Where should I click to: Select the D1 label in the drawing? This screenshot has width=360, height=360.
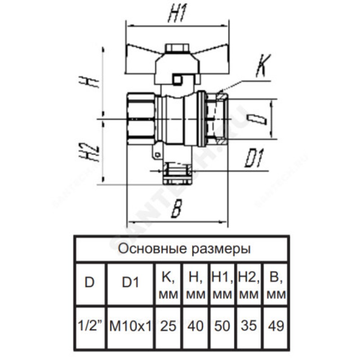tap(254, 159)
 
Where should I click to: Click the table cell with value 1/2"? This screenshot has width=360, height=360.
tap(90, 325)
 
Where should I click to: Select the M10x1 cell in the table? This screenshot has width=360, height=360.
tap(130, 325)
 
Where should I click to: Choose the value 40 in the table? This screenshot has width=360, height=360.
tap(195, 325)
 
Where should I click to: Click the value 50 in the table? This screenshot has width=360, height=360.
tap(221, 325)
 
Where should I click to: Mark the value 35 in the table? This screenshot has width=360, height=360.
tap(248, 325)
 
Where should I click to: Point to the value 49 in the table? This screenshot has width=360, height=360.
tap(275, 325)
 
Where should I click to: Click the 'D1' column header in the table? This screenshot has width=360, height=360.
tap(130, 283)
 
